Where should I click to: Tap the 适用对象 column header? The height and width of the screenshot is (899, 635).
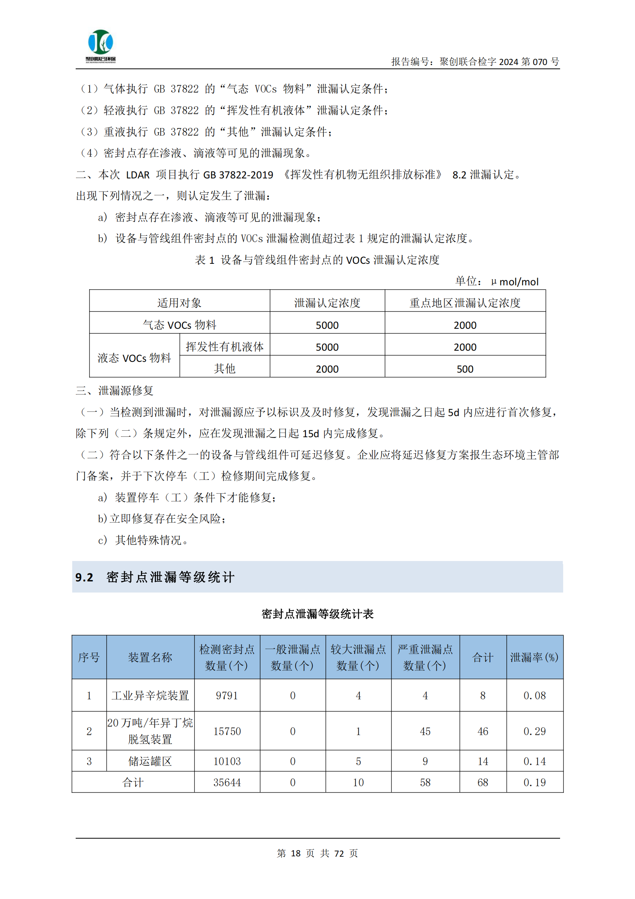[x=179, y=303]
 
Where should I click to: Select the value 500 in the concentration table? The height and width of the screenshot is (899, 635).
[x=465, y=369]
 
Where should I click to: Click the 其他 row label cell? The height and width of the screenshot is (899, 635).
[x=225, y=368]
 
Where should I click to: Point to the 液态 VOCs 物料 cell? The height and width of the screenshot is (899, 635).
[x=134, y=358]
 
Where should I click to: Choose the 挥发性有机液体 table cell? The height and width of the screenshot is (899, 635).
[x=225, y=346]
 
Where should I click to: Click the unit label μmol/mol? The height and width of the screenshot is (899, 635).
[x=515, y=281]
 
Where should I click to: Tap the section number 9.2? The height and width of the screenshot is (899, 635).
[x=84, y=577]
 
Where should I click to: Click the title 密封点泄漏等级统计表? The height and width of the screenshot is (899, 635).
[x=317, y=614]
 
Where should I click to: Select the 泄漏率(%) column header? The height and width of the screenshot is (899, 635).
[x=534, y=658]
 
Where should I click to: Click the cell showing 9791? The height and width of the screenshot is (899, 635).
[x=227, y=695]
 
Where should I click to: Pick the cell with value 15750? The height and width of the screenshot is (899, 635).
[x=227, y=731]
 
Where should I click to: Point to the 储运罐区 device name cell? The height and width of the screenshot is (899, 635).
[x=150, y=761]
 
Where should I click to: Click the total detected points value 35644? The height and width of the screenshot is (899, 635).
[x=227, y=782]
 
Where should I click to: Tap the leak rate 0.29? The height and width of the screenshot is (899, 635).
[x=534, y=731]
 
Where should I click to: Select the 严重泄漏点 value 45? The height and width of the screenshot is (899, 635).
[x=425, y=731]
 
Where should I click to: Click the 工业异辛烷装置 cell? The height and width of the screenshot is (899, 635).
[x=150, y=695]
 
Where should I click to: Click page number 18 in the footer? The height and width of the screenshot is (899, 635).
[x=296, y=853]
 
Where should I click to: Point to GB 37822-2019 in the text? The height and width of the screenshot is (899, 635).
[x=238, y=175]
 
